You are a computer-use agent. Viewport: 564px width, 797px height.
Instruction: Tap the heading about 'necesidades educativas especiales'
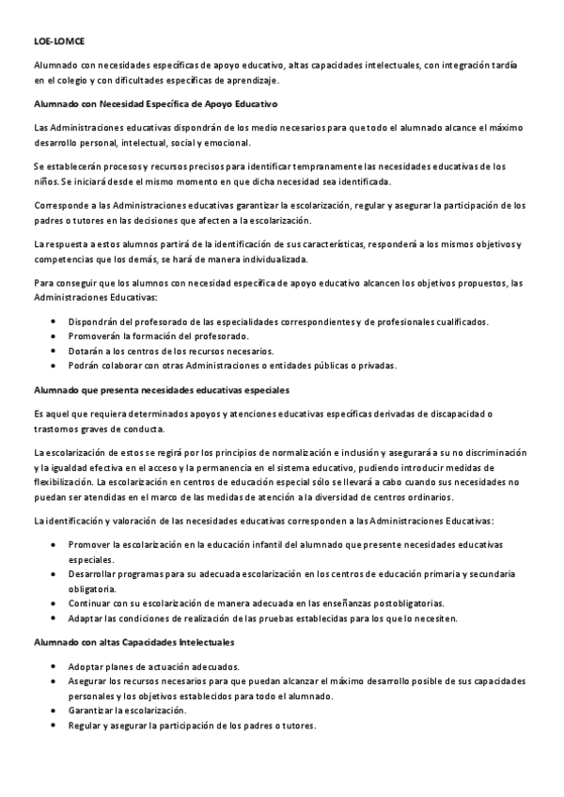[161, 389]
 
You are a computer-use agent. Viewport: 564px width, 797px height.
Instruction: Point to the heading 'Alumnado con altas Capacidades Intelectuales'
[134, 641]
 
